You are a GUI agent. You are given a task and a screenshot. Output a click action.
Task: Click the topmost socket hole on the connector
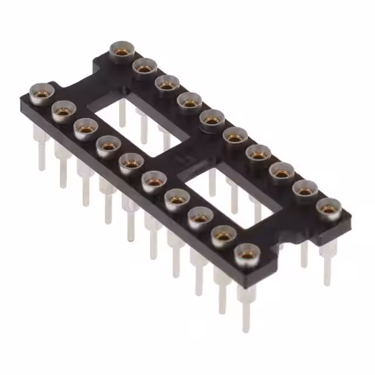(x=121, y=52)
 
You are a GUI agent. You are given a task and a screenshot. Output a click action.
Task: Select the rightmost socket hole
(x=329, y=208)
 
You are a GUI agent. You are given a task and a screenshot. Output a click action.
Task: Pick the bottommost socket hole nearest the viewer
(x=246, y=255)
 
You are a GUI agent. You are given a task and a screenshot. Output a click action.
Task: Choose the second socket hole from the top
(x=144, y=67)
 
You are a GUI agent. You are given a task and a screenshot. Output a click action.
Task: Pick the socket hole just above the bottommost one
(x=223, y=236)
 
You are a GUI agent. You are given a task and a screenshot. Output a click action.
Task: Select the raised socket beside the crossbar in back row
(x=212, y=119)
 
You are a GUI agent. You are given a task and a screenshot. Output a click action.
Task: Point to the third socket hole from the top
(x=166, y=84)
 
